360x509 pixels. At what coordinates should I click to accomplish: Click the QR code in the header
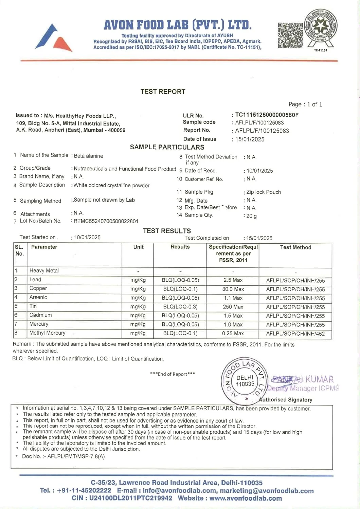coord(290,35)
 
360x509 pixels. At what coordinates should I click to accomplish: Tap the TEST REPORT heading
coord(163,92)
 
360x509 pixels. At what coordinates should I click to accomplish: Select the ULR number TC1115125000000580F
coord(267,115)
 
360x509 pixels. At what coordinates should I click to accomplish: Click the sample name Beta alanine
coord(88,156)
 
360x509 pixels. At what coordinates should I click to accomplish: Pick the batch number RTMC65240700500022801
coord(106,221)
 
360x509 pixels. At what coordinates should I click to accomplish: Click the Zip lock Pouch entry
coord(264,192)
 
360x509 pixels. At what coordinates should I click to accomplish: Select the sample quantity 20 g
coord(251,216)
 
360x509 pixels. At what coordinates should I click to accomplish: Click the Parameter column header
coord(44,247)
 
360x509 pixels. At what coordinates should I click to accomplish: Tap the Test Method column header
coord(295,247)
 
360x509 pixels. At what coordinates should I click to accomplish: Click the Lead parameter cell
coord(35,280)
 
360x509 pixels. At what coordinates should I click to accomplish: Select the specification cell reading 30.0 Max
coord(233,289)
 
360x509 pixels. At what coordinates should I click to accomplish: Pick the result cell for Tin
coord(180,307)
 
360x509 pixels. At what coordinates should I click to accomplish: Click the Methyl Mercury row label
coord(47,333)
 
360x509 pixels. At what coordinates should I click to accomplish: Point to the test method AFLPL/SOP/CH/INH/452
coord(295,334)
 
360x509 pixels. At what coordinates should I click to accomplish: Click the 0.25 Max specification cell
coord(233,333)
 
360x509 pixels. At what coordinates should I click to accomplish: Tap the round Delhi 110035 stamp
coord(245,381)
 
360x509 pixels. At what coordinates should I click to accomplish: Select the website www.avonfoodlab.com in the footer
coord(246,498)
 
